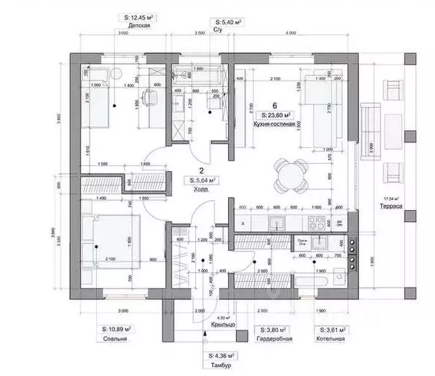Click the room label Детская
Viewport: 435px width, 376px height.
pyautogui.click(x=138, y=26)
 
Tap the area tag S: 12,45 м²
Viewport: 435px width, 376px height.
pyautogui.click(x=138, y=17)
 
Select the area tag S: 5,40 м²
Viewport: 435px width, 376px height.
pyautogui.click(x=229, y=22)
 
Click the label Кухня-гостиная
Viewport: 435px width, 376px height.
pyautogui.click(x=274, y=125)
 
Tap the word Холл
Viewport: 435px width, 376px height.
pyautogui.click(x=201, y=188)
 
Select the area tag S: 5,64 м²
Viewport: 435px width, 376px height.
pyautogui.click(x=201, y=180)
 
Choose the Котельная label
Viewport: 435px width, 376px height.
pyautogui.click(x=333, y=339)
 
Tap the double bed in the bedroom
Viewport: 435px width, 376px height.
pyautogui.click(x=111, y=241)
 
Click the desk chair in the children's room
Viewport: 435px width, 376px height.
pyautogui.click(x=149, y=97)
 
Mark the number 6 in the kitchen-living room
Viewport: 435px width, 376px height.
pyautogui.click(x=274, y=105)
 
